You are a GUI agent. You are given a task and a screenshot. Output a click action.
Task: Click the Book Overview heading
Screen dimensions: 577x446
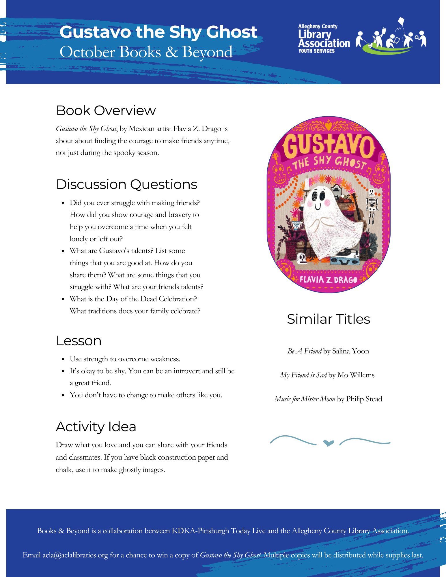tap(106, 110)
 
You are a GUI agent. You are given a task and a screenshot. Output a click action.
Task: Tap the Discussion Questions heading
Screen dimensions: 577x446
tap(126, 184)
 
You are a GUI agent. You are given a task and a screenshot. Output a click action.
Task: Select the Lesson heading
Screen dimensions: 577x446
tap(79, 341)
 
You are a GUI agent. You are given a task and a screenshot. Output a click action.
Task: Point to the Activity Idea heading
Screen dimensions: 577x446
tap(96, 427)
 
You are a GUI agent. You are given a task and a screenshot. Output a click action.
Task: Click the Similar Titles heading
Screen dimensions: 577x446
tap(329, 319)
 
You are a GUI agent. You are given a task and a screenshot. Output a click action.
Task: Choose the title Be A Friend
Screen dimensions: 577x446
tap(305, 351)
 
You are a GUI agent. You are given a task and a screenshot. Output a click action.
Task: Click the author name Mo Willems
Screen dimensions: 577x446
tap(356, 375)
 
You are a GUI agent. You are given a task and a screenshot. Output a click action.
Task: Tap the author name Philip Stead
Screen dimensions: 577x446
tap(364, 399)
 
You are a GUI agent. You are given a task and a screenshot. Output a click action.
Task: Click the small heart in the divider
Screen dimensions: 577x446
tap(329, 443)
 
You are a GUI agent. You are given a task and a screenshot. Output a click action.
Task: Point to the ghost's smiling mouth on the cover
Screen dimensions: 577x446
tap(318, 207)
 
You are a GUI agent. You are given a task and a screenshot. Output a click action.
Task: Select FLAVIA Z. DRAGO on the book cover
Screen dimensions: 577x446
tap(329, 280)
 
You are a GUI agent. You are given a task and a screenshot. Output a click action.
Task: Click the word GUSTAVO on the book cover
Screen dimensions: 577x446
tap(329, 146)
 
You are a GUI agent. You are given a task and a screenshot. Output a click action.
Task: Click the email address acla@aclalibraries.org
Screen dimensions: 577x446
tap(75, 555)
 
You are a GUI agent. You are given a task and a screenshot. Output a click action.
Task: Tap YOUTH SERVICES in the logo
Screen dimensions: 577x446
tap(316, 51)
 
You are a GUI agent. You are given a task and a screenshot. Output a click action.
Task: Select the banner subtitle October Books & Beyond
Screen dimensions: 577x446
tap(146, 52)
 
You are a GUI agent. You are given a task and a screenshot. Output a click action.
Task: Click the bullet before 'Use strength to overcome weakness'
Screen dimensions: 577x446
tap(63, 359)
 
